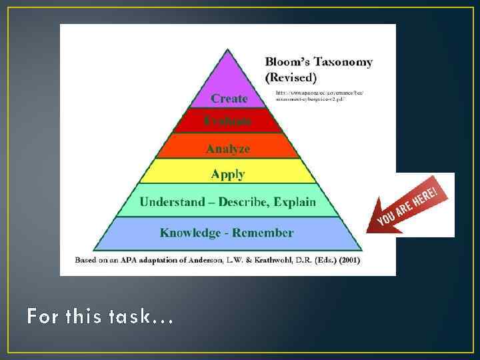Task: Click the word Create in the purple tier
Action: [229, 98]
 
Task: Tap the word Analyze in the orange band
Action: [228, 149]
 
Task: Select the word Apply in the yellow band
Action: [228, 174]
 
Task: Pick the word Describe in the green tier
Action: [245, 201]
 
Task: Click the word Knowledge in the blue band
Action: [189, 233]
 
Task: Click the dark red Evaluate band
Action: [228, 121]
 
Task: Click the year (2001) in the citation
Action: [345, 260]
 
